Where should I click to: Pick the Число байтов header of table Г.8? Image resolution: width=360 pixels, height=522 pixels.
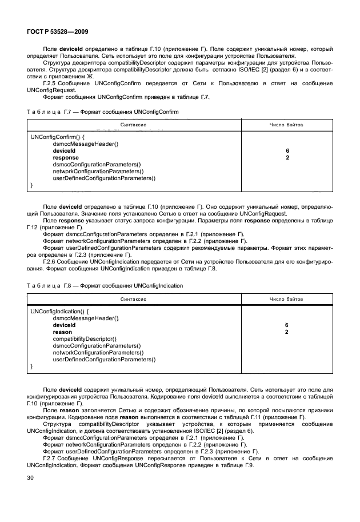pos(286,298)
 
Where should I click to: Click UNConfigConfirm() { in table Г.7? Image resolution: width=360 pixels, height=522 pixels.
pos(57,137)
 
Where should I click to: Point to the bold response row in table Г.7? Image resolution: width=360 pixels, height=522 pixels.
pos(66,157)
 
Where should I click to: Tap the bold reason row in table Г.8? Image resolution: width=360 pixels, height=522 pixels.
pos(62,332)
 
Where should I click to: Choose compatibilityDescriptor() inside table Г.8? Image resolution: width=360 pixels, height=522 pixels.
pos(85,338)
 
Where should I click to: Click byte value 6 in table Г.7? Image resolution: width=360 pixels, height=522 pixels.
pos(287,151)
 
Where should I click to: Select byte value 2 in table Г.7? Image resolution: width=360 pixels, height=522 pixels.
pos(287,157)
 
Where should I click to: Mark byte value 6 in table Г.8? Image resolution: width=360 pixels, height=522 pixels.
pos(287,325)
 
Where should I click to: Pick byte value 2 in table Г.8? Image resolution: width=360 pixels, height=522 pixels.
pos(287,332)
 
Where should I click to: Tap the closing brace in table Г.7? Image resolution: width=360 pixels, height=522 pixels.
pos(31,185)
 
